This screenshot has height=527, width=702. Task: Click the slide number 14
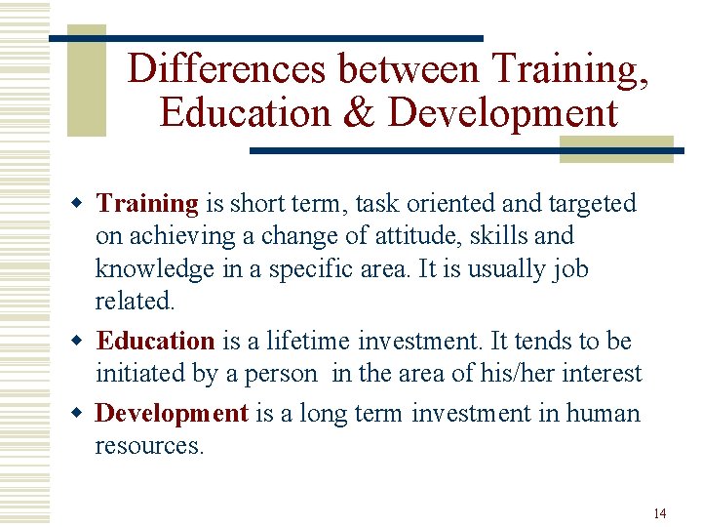pos(660,513)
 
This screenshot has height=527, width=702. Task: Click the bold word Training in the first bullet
pos(147,203)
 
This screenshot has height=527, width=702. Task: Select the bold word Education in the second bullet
pos(155,342)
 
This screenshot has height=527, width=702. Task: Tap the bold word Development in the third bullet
pos(172,414)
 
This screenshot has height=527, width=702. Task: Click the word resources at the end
pos(149,446)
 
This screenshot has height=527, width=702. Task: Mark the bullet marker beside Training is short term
pos(82,204)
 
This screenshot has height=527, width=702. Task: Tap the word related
pos(135,302)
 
